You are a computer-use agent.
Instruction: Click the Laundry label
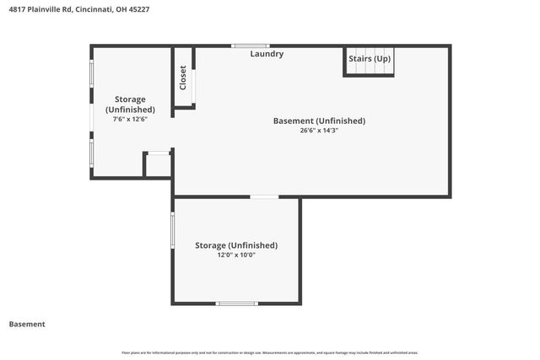(267, 54)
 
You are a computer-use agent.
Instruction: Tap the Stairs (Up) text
(370, 59)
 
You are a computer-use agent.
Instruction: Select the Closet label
(183, 78)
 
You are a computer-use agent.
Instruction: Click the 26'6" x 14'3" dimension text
(319, 131)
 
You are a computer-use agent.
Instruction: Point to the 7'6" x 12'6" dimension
(130, 120)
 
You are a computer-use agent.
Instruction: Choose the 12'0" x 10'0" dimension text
(236, 255)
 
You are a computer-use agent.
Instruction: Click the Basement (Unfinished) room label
(319, 121)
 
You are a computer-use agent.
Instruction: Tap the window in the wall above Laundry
(251, 46)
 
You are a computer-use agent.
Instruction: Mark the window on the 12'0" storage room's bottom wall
(237, 303)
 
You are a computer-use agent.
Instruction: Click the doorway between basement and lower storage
(264, 197)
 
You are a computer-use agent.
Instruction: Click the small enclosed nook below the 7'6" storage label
(158, 164)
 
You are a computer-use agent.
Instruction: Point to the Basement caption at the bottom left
(26, 324)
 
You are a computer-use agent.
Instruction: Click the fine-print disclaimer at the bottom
(270, 352)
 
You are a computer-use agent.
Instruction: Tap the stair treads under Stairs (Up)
(370, 71)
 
